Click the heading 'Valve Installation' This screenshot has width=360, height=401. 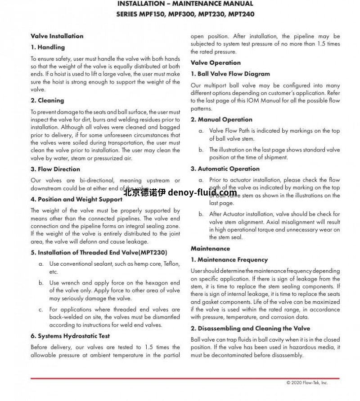[x=57, y=36]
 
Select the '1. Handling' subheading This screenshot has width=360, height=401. [x=48, y=47]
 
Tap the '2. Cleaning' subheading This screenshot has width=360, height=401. [x=47, y=100]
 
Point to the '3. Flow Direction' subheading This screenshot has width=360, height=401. [x=55, y=169]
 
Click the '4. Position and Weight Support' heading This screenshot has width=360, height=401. [x=76, y=199]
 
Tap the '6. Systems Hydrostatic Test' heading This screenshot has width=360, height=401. [x=70, y=336]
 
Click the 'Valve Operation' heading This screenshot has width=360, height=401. [x=216, y=62]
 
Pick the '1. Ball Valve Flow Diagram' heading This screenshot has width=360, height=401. [x=230, y=74]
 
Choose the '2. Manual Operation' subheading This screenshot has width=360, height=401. [x=221, y=120]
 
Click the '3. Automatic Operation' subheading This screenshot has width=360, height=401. [x=225, y=169]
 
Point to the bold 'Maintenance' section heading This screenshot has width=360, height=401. [x=210, y=248]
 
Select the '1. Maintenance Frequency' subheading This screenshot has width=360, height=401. [x=229, y=259]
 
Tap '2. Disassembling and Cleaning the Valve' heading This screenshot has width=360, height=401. [x=250, y=328]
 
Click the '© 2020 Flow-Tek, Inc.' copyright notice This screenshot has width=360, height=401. [x=307, y=383]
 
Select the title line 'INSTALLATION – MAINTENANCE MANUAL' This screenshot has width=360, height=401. [x=185, y=4]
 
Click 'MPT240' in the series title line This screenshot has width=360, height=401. [x=241, y=14]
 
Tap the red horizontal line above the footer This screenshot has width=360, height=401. [x=185, y=379]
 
